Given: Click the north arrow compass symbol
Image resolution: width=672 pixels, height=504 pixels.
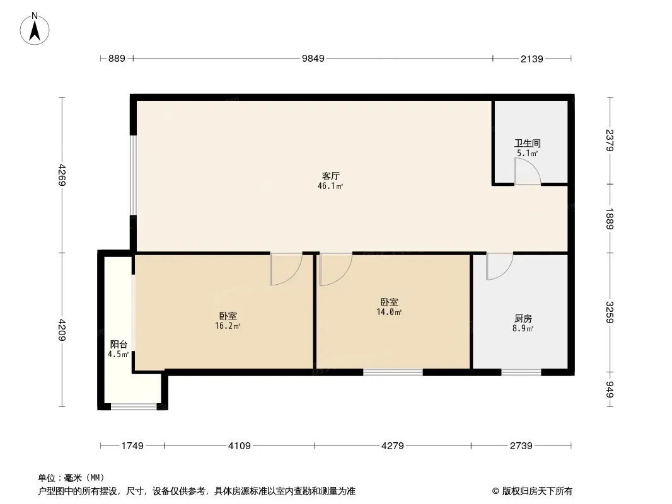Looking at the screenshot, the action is (35, 29).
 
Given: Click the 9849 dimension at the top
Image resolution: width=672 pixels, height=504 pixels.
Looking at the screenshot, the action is (313, 59).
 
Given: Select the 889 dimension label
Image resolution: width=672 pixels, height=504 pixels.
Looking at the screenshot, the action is (117, 59).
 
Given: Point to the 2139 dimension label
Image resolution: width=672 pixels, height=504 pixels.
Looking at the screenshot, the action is (532, 59).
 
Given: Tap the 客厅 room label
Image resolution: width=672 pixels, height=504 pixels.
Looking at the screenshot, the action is (331, 176).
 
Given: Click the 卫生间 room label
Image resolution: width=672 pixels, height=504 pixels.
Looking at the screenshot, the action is (528, 143).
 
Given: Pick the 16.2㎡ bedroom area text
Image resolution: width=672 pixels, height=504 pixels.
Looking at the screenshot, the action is (228, 326).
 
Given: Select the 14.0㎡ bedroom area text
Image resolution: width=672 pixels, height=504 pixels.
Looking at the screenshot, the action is (389, 312).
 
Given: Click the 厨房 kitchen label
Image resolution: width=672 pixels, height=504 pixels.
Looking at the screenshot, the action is (523, 319).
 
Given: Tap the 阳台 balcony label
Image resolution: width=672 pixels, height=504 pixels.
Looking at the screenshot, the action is (119, 344).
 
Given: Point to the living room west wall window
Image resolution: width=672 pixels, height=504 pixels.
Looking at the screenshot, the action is (133, 175).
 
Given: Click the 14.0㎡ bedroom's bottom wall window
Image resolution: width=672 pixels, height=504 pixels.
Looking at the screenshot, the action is (393, 372).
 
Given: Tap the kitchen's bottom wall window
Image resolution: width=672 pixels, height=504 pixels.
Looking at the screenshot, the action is (521, 372).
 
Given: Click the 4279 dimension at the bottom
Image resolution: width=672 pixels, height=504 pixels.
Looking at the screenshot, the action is (393, 446).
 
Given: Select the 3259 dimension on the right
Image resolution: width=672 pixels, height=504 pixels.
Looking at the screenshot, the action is (610, 312).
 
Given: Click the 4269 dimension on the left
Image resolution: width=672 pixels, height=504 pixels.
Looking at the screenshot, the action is (62, 175).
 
